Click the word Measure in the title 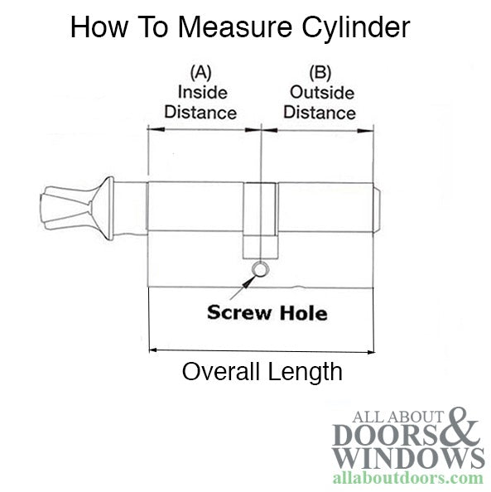(235, 27)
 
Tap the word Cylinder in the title (356, 27)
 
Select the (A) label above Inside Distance (201, 73)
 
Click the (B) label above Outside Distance (320, 73)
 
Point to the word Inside (203, 93)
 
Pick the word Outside (322, 93)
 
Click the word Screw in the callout (239, 312)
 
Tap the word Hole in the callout (304, 313)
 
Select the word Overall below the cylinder (221, 371)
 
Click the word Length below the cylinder (306, 374)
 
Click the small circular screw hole (260, 269)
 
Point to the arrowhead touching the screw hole (248, 281)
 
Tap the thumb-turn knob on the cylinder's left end (77, 208)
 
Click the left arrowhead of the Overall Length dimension (153, 350)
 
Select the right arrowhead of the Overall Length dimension (370, 352)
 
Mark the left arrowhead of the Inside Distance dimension (156, 129)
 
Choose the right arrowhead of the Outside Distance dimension (365, 131)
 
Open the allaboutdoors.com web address (408, 479)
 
